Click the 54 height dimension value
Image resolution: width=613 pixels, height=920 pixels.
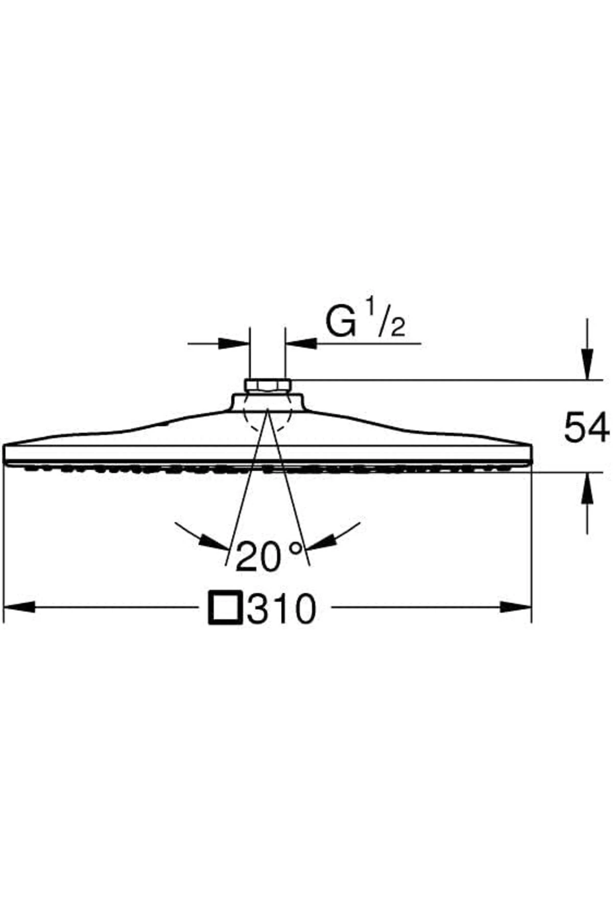click(586, 428)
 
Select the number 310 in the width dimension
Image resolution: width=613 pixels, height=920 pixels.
click(281, 608)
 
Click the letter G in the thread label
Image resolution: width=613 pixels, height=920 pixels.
click(341, 321)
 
